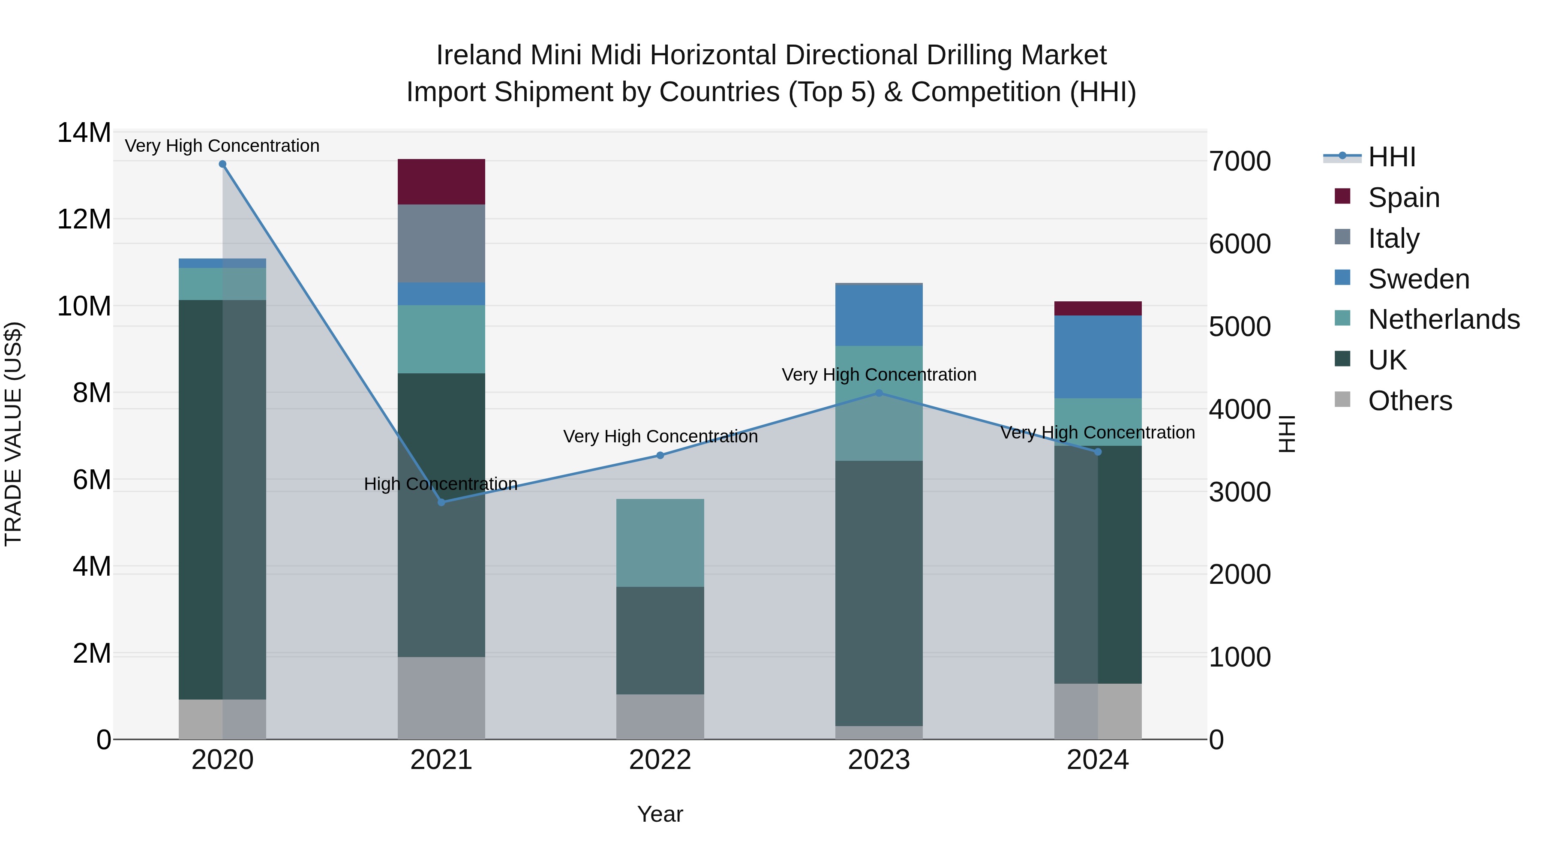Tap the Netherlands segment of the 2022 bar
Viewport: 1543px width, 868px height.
click(x=660, y=543)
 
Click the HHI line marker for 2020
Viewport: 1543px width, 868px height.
click(x=223, y=164)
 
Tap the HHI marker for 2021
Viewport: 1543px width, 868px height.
click(x=441, y=502)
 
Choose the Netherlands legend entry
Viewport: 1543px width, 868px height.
click(x=1444, y=319)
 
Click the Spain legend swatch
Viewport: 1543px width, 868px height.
click(x=1342, y=196)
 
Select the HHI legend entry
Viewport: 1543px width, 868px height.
click(x=1391, y=157)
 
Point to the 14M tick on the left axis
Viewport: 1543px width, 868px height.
click(x=84, y=132)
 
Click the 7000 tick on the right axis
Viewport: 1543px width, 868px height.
click(x=1239, y=161)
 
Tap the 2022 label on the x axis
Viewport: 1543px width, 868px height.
click(x=660, y=760)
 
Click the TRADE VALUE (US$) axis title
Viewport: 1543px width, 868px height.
click(x=14, y=434)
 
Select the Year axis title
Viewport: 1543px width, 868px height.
click(x=660, y=814)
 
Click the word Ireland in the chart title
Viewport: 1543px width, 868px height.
click(x=479, y=55)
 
